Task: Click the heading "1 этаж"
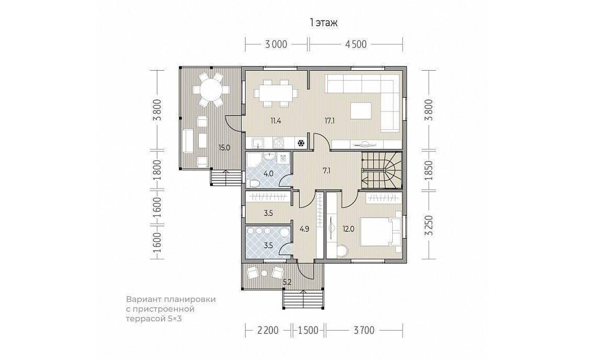click(324, 23)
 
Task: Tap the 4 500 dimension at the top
click(356, 44)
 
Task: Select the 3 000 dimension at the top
click(276, 44)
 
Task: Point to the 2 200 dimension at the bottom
click(268, 330)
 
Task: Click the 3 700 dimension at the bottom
click(364, 330)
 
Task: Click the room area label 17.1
click(329, 120)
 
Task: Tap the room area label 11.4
click(275, 120)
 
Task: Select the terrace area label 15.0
click(224, 148)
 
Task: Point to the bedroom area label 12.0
click(348, 229)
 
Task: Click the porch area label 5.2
click(287, 281)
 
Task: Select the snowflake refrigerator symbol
click(301, 143)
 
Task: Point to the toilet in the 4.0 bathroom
click(252, 183)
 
